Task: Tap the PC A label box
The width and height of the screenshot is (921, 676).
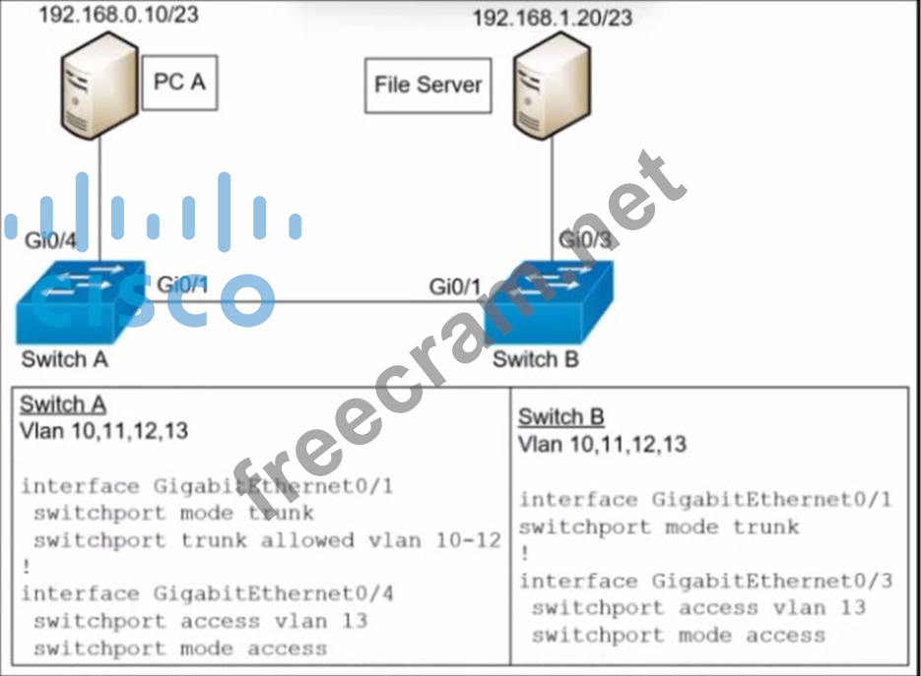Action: pos(179,82)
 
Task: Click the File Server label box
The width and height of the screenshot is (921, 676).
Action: pos(428,85)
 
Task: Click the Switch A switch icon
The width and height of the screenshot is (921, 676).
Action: pos(81,301)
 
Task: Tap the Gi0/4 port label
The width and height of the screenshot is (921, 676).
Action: pos(49,241)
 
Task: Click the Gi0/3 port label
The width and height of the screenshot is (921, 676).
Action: pos(585,240)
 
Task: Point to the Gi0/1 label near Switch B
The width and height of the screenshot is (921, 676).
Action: pos(456,286)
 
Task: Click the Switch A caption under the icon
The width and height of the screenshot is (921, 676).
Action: pos(64,358)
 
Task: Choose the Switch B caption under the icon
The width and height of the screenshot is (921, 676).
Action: pos(536,358)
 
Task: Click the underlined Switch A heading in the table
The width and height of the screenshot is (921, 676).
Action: pos(63,404)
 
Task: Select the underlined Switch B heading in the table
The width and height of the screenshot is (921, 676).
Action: pos(561,416)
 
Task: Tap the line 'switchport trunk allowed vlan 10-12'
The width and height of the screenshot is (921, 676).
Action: pos(266,540)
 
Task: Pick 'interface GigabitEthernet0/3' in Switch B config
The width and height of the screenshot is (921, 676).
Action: pos(706,581)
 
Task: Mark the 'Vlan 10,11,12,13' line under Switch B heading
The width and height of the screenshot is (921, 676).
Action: pos(603,444)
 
